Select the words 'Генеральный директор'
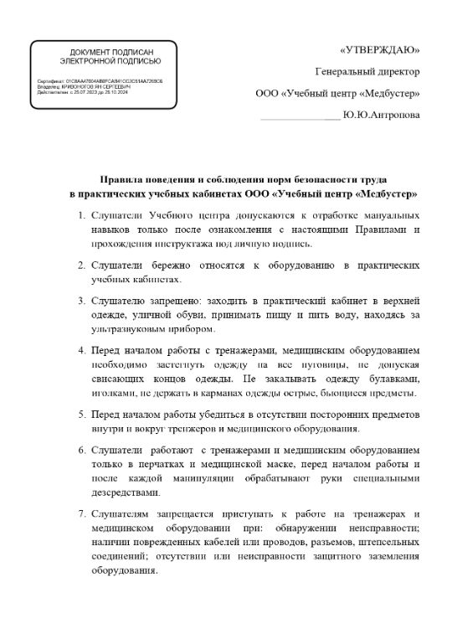click(367, 72)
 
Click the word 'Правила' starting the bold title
click(117, 179)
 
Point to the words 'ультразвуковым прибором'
click(145, 328)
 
